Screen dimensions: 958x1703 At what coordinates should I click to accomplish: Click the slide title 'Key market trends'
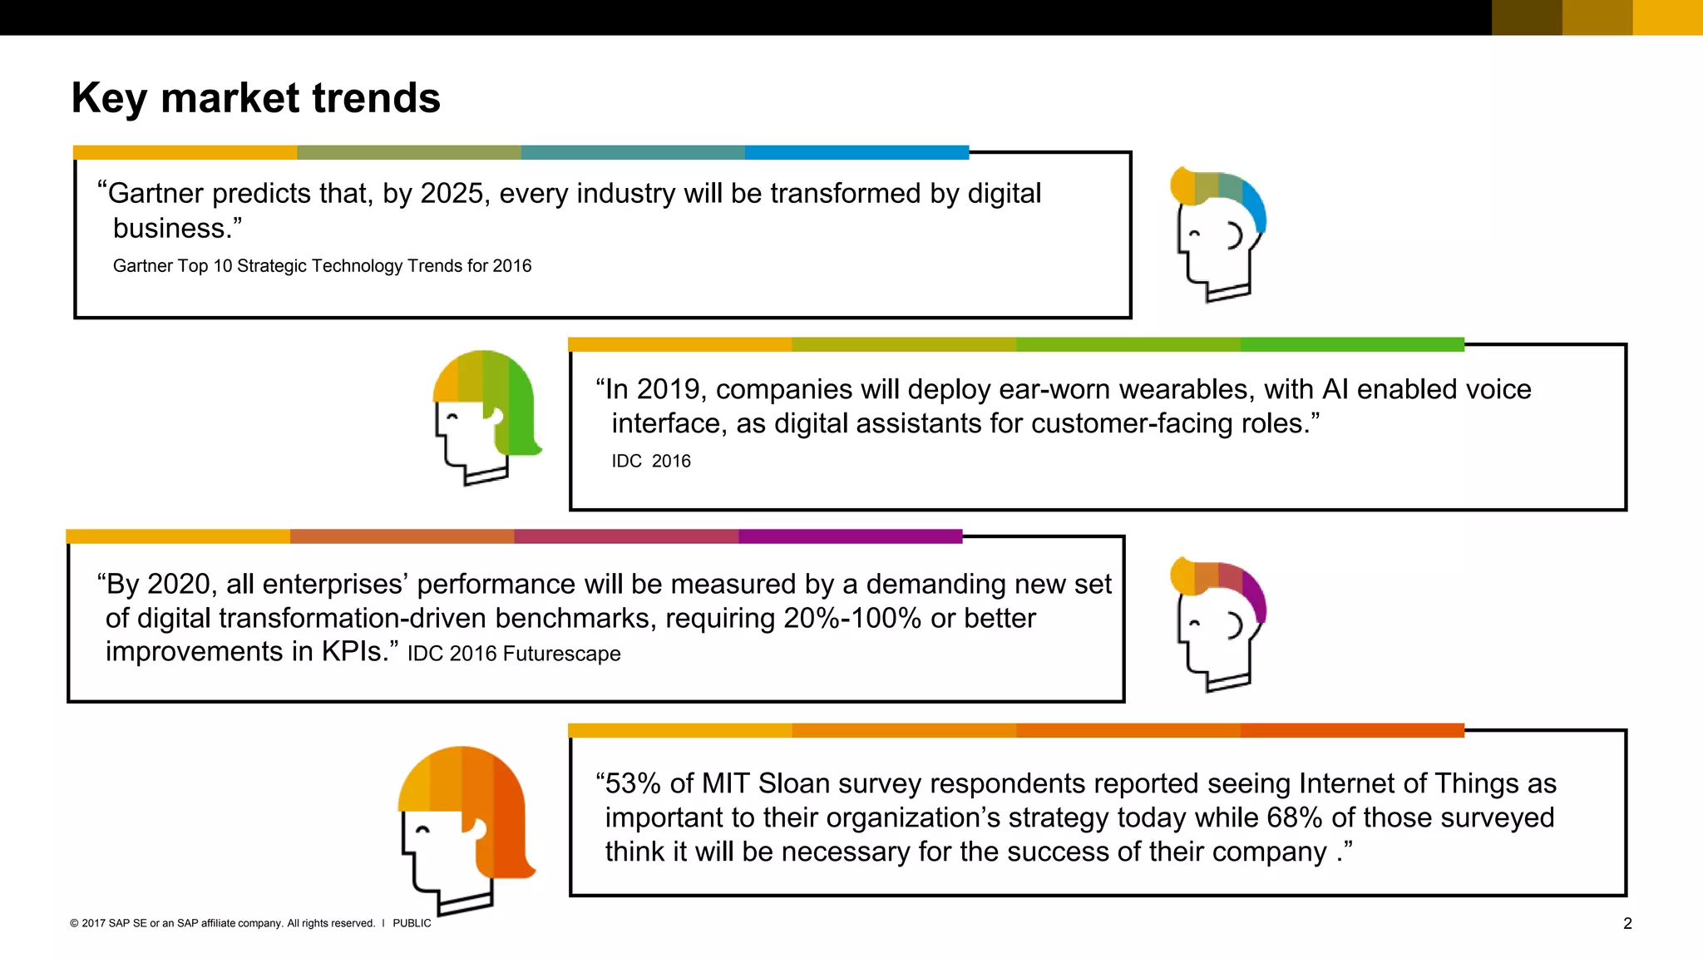tap(255, 98)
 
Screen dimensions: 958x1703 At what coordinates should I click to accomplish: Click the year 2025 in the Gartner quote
tap(452, 194)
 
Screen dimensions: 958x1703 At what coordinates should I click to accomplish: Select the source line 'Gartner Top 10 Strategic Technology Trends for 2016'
tap(322, 266)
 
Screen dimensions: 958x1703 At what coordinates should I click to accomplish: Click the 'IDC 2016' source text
tap(651, 462)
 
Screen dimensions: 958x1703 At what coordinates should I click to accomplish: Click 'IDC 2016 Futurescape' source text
tap(514, 654)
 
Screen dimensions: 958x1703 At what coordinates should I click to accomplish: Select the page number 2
tap(1627, 923)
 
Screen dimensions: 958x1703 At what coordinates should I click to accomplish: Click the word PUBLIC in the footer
tap(412, 923)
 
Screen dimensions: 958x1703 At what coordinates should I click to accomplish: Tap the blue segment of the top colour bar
tap(856, 153)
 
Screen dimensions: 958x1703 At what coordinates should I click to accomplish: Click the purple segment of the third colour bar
tap(850, 536)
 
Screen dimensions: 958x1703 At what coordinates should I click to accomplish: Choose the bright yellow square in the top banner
tap(1667, 17)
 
